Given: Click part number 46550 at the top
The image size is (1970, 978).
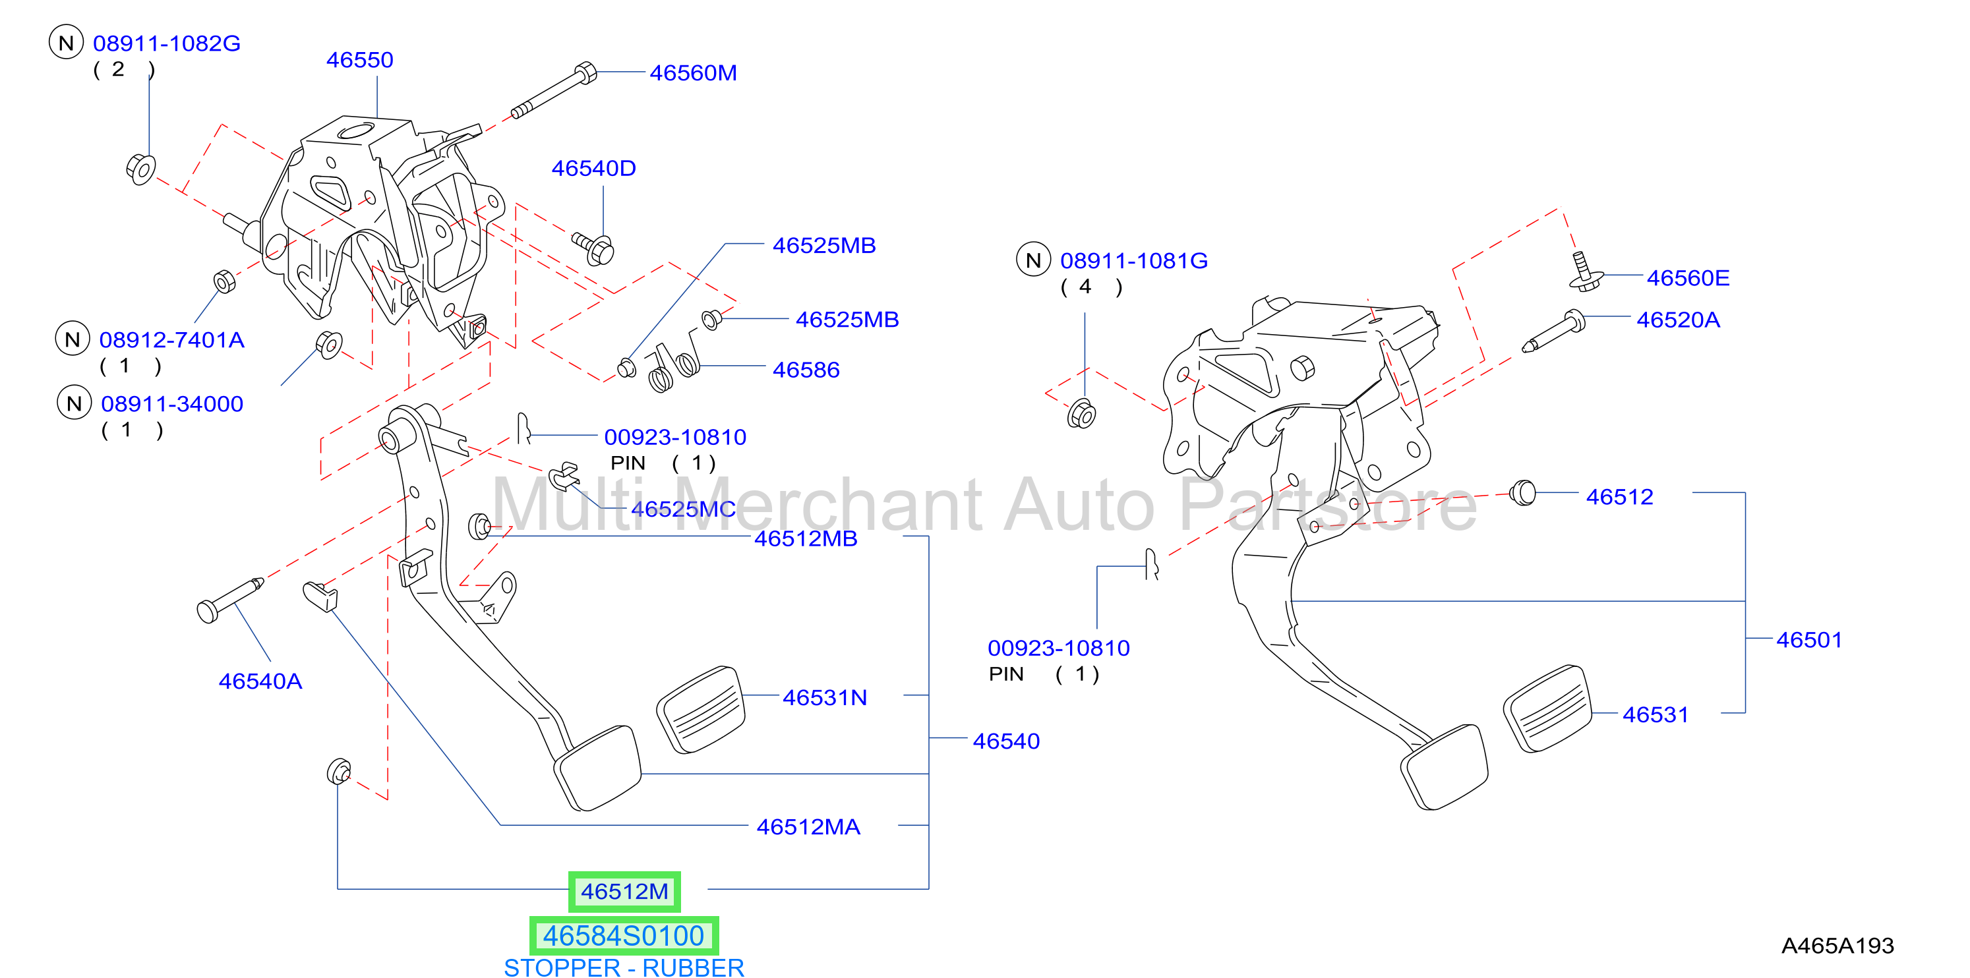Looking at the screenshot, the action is pos(359,60).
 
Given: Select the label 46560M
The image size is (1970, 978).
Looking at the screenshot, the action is pos(693,72).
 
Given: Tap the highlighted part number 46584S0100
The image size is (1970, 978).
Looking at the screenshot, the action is pos(623,935).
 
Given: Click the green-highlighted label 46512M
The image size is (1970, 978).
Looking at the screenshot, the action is pos(624,892).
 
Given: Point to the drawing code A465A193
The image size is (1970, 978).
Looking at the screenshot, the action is pos(1837,946).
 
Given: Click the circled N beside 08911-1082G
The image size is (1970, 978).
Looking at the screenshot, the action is pos(66,42).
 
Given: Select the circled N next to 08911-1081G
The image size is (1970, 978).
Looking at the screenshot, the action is pos(1033,260).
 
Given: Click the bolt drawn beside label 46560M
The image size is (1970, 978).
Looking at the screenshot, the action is pos(554,90).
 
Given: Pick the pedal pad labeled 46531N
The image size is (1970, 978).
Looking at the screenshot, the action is pos(701,710).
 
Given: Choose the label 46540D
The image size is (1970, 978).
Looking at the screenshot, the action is pos(593,168).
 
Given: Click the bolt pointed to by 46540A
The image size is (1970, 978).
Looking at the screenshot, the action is pos(229,601).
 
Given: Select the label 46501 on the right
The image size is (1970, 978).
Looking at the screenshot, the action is pos(1808,640).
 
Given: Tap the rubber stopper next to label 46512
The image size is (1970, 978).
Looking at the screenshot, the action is pos(1522,492).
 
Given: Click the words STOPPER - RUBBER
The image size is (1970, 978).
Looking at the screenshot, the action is pos(623,967).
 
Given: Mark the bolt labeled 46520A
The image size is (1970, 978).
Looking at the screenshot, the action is pos(1554,330).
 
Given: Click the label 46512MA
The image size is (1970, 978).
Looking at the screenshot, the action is pos(808,826).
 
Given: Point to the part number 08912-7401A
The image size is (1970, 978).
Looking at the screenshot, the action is pos(171,339).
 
